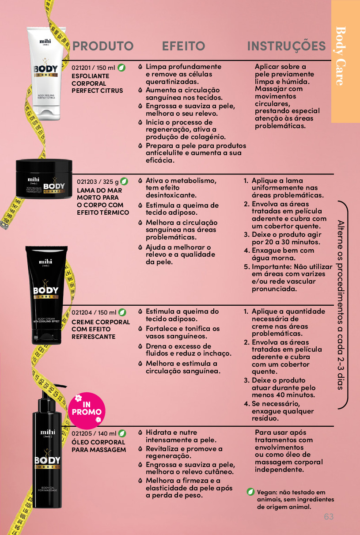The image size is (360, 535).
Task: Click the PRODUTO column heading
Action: [102, 46]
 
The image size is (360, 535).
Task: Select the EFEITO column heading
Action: [183, 46]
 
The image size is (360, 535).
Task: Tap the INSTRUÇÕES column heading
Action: [286, 46]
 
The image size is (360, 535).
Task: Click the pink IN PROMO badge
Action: [87, 410]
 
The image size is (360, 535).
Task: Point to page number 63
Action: [329, 516]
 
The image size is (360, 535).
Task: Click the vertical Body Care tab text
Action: [341, 56]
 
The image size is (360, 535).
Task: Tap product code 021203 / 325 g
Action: [98, 182]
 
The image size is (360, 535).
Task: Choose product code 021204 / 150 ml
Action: [94, 312]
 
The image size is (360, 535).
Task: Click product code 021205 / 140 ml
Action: [94, 433]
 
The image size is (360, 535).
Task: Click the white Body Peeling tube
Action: [46, 74]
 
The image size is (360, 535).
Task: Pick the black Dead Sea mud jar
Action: [44, 178]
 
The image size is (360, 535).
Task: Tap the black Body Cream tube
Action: [46, 295]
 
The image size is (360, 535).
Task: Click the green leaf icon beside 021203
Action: [124, 182]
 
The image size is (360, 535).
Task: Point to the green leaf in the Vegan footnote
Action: [250, 492]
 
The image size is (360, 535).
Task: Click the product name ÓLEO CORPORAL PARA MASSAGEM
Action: [99, 446]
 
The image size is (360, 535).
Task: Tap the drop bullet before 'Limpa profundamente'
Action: [140, 67]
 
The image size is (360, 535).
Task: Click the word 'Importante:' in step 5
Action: [272, 266]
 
